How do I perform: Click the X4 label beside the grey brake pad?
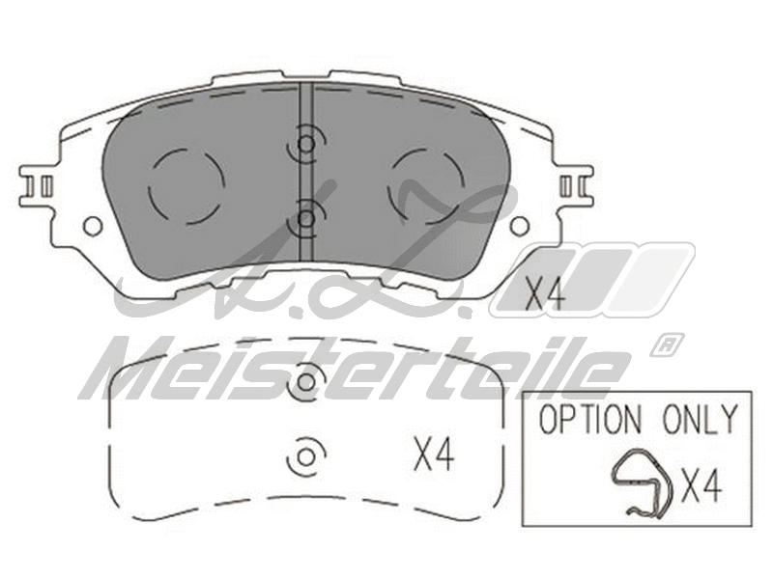(544, 293)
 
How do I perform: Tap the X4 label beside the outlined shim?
(434, 454)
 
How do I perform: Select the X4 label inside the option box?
(701, 485)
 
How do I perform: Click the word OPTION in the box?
(588, 420)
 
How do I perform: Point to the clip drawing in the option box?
(644, 482)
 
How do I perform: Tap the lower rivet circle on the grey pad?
(305, 218)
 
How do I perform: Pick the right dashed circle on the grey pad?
(425, 183)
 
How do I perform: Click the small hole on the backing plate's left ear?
(93, 226)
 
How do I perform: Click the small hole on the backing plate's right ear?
(519, 226)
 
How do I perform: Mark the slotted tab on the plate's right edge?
(573, 182)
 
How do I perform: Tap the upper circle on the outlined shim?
(305, 382)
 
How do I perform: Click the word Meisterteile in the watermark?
(358, 370)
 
